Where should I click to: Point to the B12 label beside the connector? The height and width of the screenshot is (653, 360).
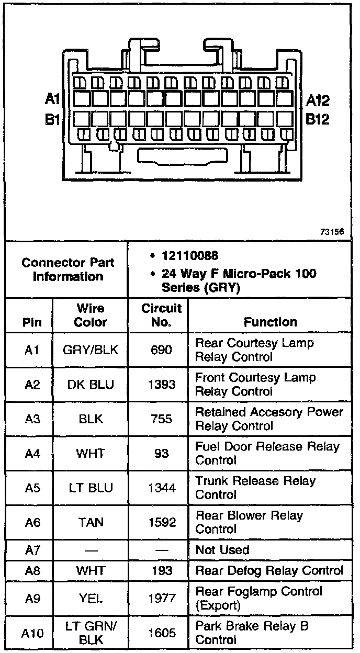(318, 120)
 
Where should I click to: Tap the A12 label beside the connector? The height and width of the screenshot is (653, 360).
(318, 99)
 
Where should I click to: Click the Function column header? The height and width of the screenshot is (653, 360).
(270, 322)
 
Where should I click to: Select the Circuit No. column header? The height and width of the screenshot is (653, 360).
(161, 315)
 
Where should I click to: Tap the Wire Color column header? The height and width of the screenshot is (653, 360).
(91, 315)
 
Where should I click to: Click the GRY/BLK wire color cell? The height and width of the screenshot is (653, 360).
(91, 350)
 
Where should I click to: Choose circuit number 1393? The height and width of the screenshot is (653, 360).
(161, 385)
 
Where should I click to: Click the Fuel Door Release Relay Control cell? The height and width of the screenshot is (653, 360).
(267, 453)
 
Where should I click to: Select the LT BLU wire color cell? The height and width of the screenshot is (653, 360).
(91, 488)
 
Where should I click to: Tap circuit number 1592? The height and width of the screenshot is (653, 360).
(161, 522)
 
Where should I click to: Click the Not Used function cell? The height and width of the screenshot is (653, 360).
(222, 550)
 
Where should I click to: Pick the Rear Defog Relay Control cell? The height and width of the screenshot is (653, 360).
(269, 571)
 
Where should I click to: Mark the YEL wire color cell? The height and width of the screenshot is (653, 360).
(91, 598)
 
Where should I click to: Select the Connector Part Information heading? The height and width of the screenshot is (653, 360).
(67, 269)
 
